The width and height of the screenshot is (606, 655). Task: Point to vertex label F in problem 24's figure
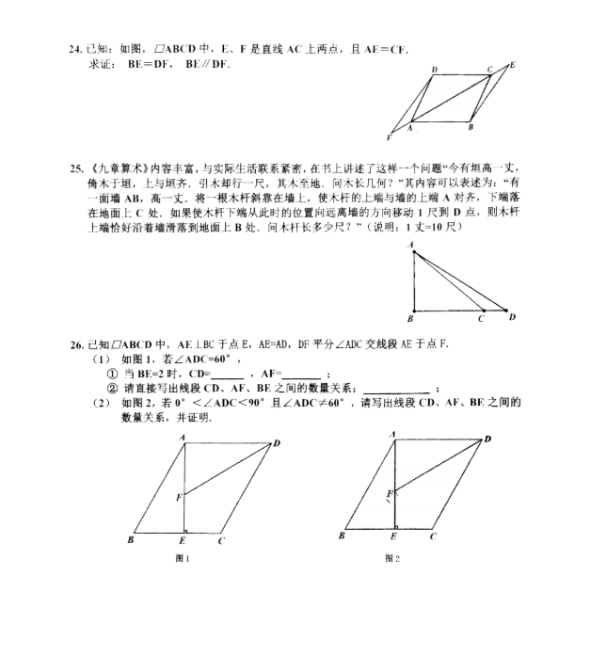pyautogui.click(x=389, y=137)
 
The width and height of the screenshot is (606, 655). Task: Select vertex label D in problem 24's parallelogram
pyautogui.click(x=434, y=71)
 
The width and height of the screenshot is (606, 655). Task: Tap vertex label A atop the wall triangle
pyautogui.click(x=411, y=245)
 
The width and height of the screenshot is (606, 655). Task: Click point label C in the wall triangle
pyautogui.click(x=481, y=319)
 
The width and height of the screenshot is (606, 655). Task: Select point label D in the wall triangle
pyautogui.click(x=512, y=318)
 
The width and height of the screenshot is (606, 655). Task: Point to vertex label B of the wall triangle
pyautogui.click(x=410, y=319)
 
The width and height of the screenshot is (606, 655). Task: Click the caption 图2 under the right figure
pyautogui.click(x=392, y=558)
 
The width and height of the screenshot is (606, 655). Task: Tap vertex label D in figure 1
pyautogui.click(x=276, y=443)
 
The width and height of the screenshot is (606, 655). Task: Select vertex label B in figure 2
pyautogui.click(x=342, y=536)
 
